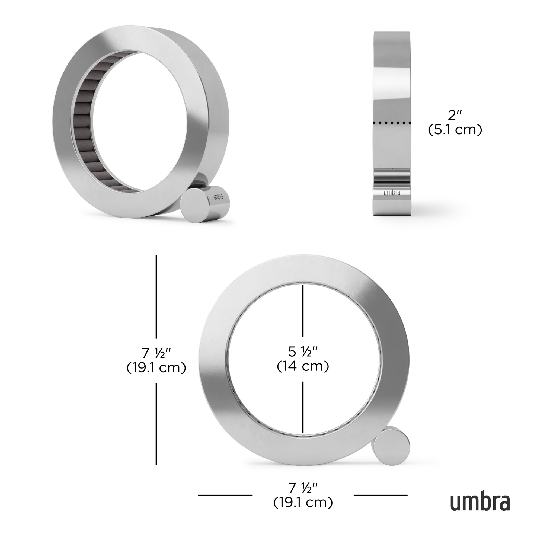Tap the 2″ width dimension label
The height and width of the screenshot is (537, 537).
pyautogui.click(x=455, y=115)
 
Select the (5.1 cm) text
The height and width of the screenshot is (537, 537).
pyautogui.click(x=455, y=130)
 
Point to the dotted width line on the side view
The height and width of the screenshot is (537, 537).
pyautogui.click(x=392, y=123)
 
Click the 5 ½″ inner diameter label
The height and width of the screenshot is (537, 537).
pyautogui.click(x=303, y=351)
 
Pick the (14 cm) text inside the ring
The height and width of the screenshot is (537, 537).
pyautogui.click(x=303, y=366)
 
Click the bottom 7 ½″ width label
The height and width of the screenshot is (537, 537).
pyautogui.click(x=303, y=495)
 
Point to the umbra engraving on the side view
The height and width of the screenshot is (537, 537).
pyautogui.click(x=392, y=193)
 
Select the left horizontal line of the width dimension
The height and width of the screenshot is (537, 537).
pyautogui.click(x=225, y=503)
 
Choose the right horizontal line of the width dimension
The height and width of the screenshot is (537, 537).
pyautogui.click(x=380, y=503)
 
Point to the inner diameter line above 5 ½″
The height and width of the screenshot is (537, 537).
pyautogui.click(x=303, y=311)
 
